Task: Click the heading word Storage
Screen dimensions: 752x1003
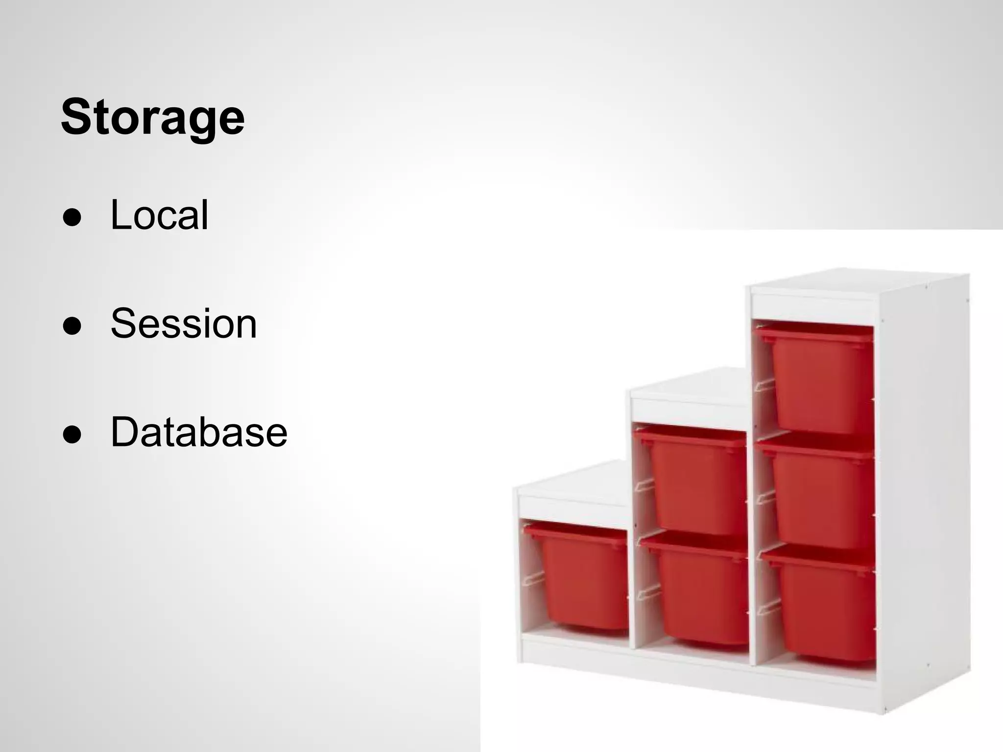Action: [x=152, y=117]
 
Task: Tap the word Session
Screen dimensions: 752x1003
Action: [x=184, y=323]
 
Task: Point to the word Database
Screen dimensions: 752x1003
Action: [x=199, y=432]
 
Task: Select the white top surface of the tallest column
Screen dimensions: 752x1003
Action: [x=857, y=284]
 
